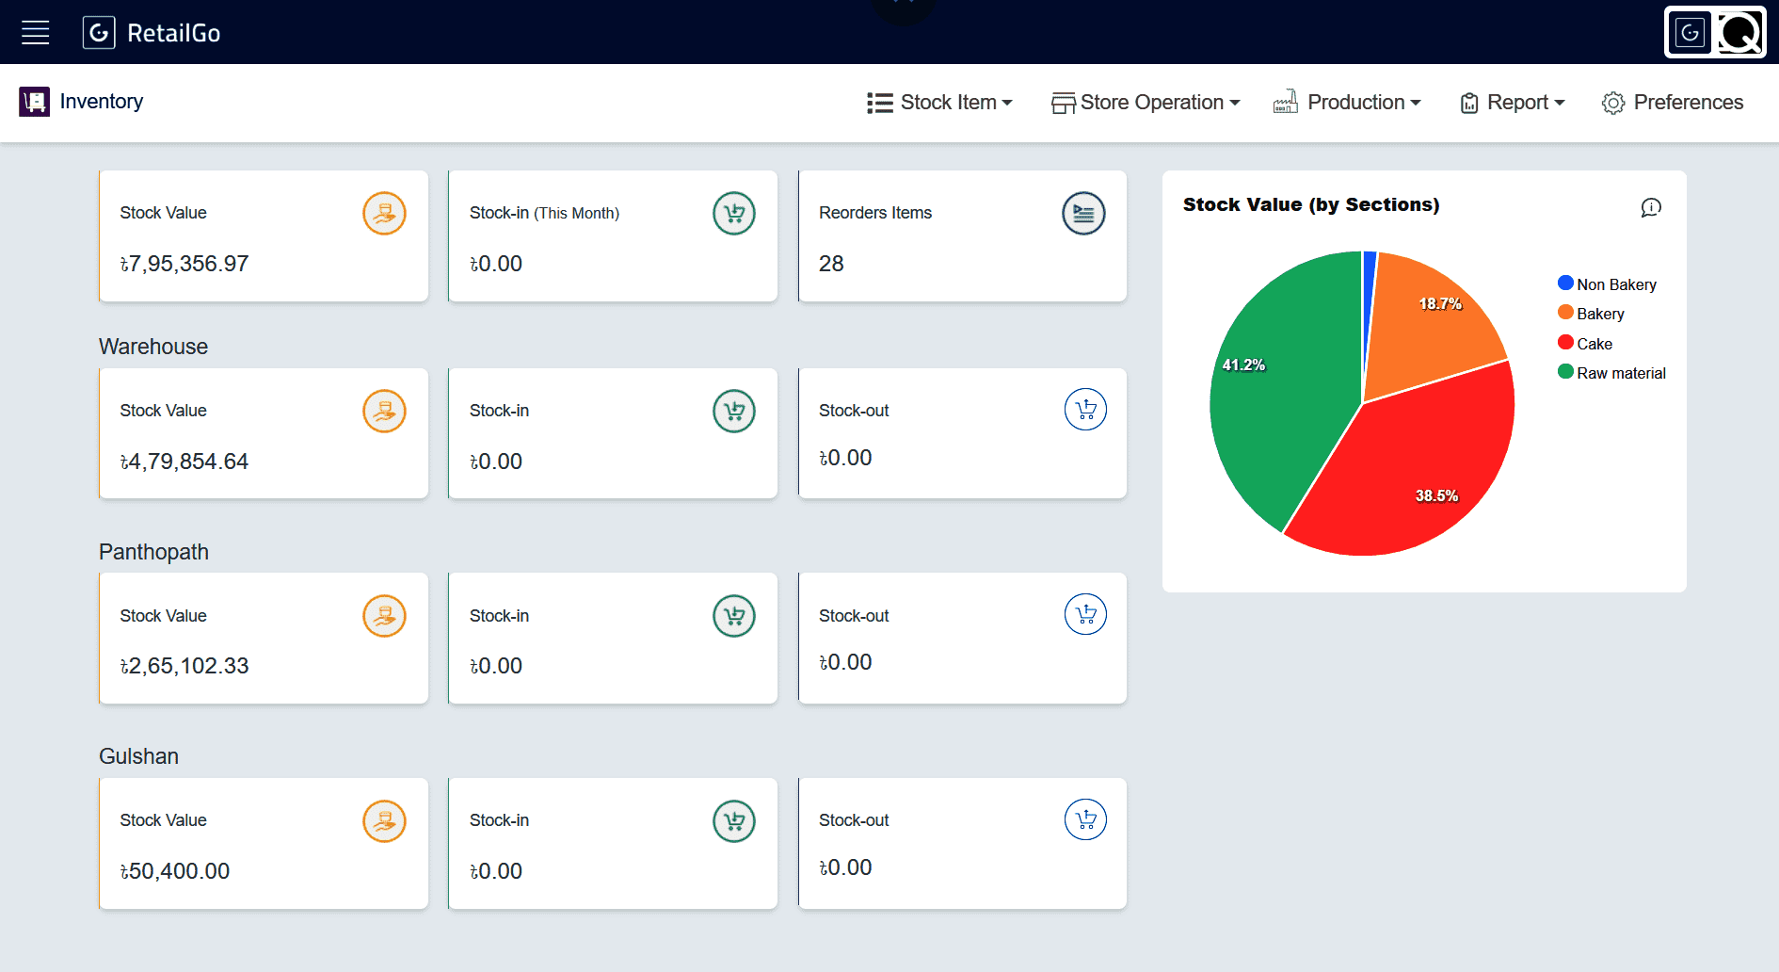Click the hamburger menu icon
tap(36, 33)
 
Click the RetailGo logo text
tap(173, 34)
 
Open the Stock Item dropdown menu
tap(939, 103)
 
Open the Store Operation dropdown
tap(1146, 103)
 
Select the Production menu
tap(1347, 103)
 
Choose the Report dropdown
tap(1513, 103)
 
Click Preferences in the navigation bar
tap(1673, 103)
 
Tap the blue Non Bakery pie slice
tap(1369, 301)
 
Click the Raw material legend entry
tap(1611, 373)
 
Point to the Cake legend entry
tap(1585, 344)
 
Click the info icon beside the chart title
tap(1651, 207)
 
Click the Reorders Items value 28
tap(831, 264)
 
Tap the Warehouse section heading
tap(153, 347)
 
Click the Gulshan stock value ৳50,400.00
tap(175, 871)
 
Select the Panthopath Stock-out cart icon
tap(1085, 615)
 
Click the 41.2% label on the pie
tap(1243, 365)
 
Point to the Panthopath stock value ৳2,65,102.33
tap(184, 666)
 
